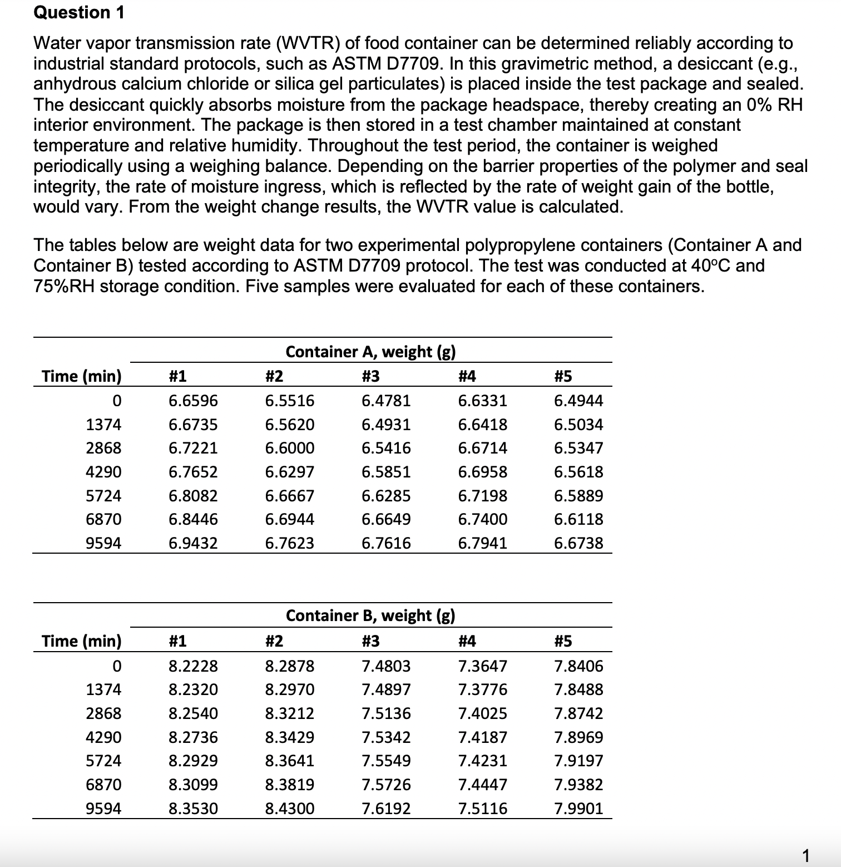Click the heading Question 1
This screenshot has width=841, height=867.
(79, 12)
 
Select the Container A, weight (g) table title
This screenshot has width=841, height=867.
(370, 352)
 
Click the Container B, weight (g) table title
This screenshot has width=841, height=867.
(370, 615)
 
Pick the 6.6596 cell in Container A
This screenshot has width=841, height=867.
(193, 401)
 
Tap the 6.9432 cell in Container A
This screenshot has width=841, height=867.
(193, 543)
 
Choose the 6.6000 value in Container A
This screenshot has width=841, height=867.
(289, 448)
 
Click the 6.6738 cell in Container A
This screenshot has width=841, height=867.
(578, 543)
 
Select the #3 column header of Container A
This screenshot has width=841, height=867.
(370, 377)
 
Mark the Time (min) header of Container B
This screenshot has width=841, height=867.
(82, 641)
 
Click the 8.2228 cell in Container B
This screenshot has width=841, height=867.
(193, 666)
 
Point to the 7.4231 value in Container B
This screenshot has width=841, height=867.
(482, 761)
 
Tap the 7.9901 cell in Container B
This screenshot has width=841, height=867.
(578, 808)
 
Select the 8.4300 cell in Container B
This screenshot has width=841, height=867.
(289, 808)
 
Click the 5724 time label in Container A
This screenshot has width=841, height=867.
(103, 496)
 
